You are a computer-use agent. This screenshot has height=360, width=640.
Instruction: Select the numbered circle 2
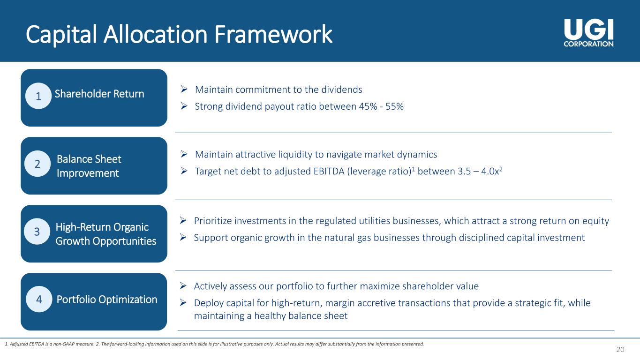point(38,164)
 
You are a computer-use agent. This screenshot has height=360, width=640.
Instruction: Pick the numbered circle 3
point(38,232)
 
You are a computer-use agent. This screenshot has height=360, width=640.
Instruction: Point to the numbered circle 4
point(38,300)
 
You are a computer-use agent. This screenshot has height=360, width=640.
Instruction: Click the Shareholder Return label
point(99,94)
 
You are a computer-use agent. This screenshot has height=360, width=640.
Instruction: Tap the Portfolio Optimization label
point(107,300)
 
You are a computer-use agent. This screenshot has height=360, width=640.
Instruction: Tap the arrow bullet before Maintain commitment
point(185,89)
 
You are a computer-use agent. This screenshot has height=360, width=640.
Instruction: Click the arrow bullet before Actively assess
point(184,286)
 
